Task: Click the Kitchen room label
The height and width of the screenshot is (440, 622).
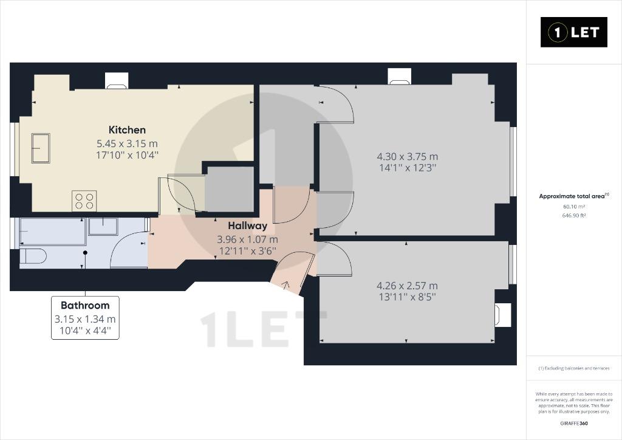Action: pyautogui.click(x=127, y=129)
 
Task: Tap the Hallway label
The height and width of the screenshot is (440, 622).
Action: pyautogui.click(x=248, y=225)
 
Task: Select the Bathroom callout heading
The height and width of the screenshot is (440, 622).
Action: pyautogui.click(x=85, y=306)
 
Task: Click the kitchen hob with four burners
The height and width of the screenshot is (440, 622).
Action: pyautogui.click(x=84, y=201)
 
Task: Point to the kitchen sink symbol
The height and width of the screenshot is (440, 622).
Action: pyautogui.click(x=41, y=148)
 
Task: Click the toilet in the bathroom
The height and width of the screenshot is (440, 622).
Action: pyautogui.click(x=33, y=256)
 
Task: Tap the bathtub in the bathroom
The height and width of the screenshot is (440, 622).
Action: pyautogui.click(x=53, y=232)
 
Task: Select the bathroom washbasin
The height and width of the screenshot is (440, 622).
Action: pyautogui.click(x=103, y=226)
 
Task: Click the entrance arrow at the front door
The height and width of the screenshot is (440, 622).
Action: pyautogui.click(x=285, y=284)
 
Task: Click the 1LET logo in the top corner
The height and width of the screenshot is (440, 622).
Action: pyautogui.click(x=573, y=32)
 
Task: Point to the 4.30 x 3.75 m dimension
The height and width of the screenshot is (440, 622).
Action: pyautogui.click(x=408, y=157)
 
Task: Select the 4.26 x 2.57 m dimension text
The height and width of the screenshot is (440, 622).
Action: pyautogui.click(x=407, y=286)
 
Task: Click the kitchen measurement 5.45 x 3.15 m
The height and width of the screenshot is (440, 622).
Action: pyautogui.click(x=127, y=143)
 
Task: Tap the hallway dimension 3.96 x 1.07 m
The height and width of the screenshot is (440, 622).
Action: pyautogui.click(x=248, y=239)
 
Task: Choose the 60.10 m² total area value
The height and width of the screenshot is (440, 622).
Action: pyautogui.click(x=574, y=206)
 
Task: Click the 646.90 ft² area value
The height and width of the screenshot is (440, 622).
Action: pyautogui.click(x=574, y=215)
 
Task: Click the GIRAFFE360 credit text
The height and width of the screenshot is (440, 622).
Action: pyautogui.click(x=574, y=424)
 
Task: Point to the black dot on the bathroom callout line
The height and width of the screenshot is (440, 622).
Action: pyautogui.click(x=85, y=252)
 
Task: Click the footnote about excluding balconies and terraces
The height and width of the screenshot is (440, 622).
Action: pyautogui.click(x=574, y=368)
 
